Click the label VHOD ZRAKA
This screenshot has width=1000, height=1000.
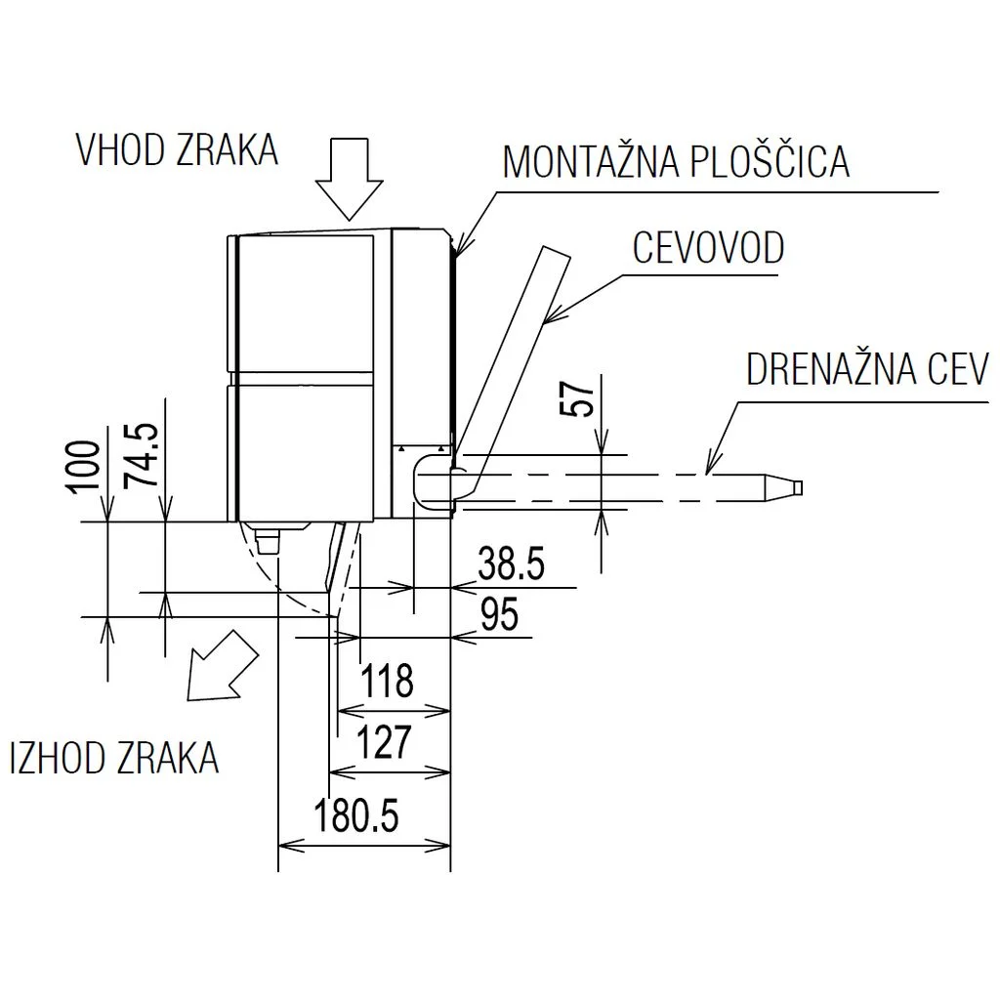pos(177,150)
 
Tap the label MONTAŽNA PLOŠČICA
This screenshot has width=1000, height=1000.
pos(676,162)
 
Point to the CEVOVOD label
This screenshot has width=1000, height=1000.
pos(708,248)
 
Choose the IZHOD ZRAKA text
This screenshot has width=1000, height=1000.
pos(114,758)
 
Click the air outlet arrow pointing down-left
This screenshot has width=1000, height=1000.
pos(223,667)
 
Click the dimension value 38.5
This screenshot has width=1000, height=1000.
pos(511,564)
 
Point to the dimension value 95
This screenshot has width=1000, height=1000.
pos(499,616)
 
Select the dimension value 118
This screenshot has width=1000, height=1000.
pos(388,681)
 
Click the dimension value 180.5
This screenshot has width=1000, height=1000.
pos(356,814)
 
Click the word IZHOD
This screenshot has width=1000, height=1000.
pos(60,758)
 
